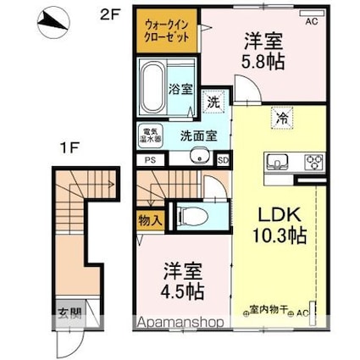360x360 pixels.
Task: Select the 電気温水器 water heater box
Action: pos(151,134)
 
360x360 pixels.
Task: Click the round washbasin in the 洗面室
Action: pos(201,153)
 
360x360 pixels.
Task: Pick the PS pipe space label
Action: pos(149,158)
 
